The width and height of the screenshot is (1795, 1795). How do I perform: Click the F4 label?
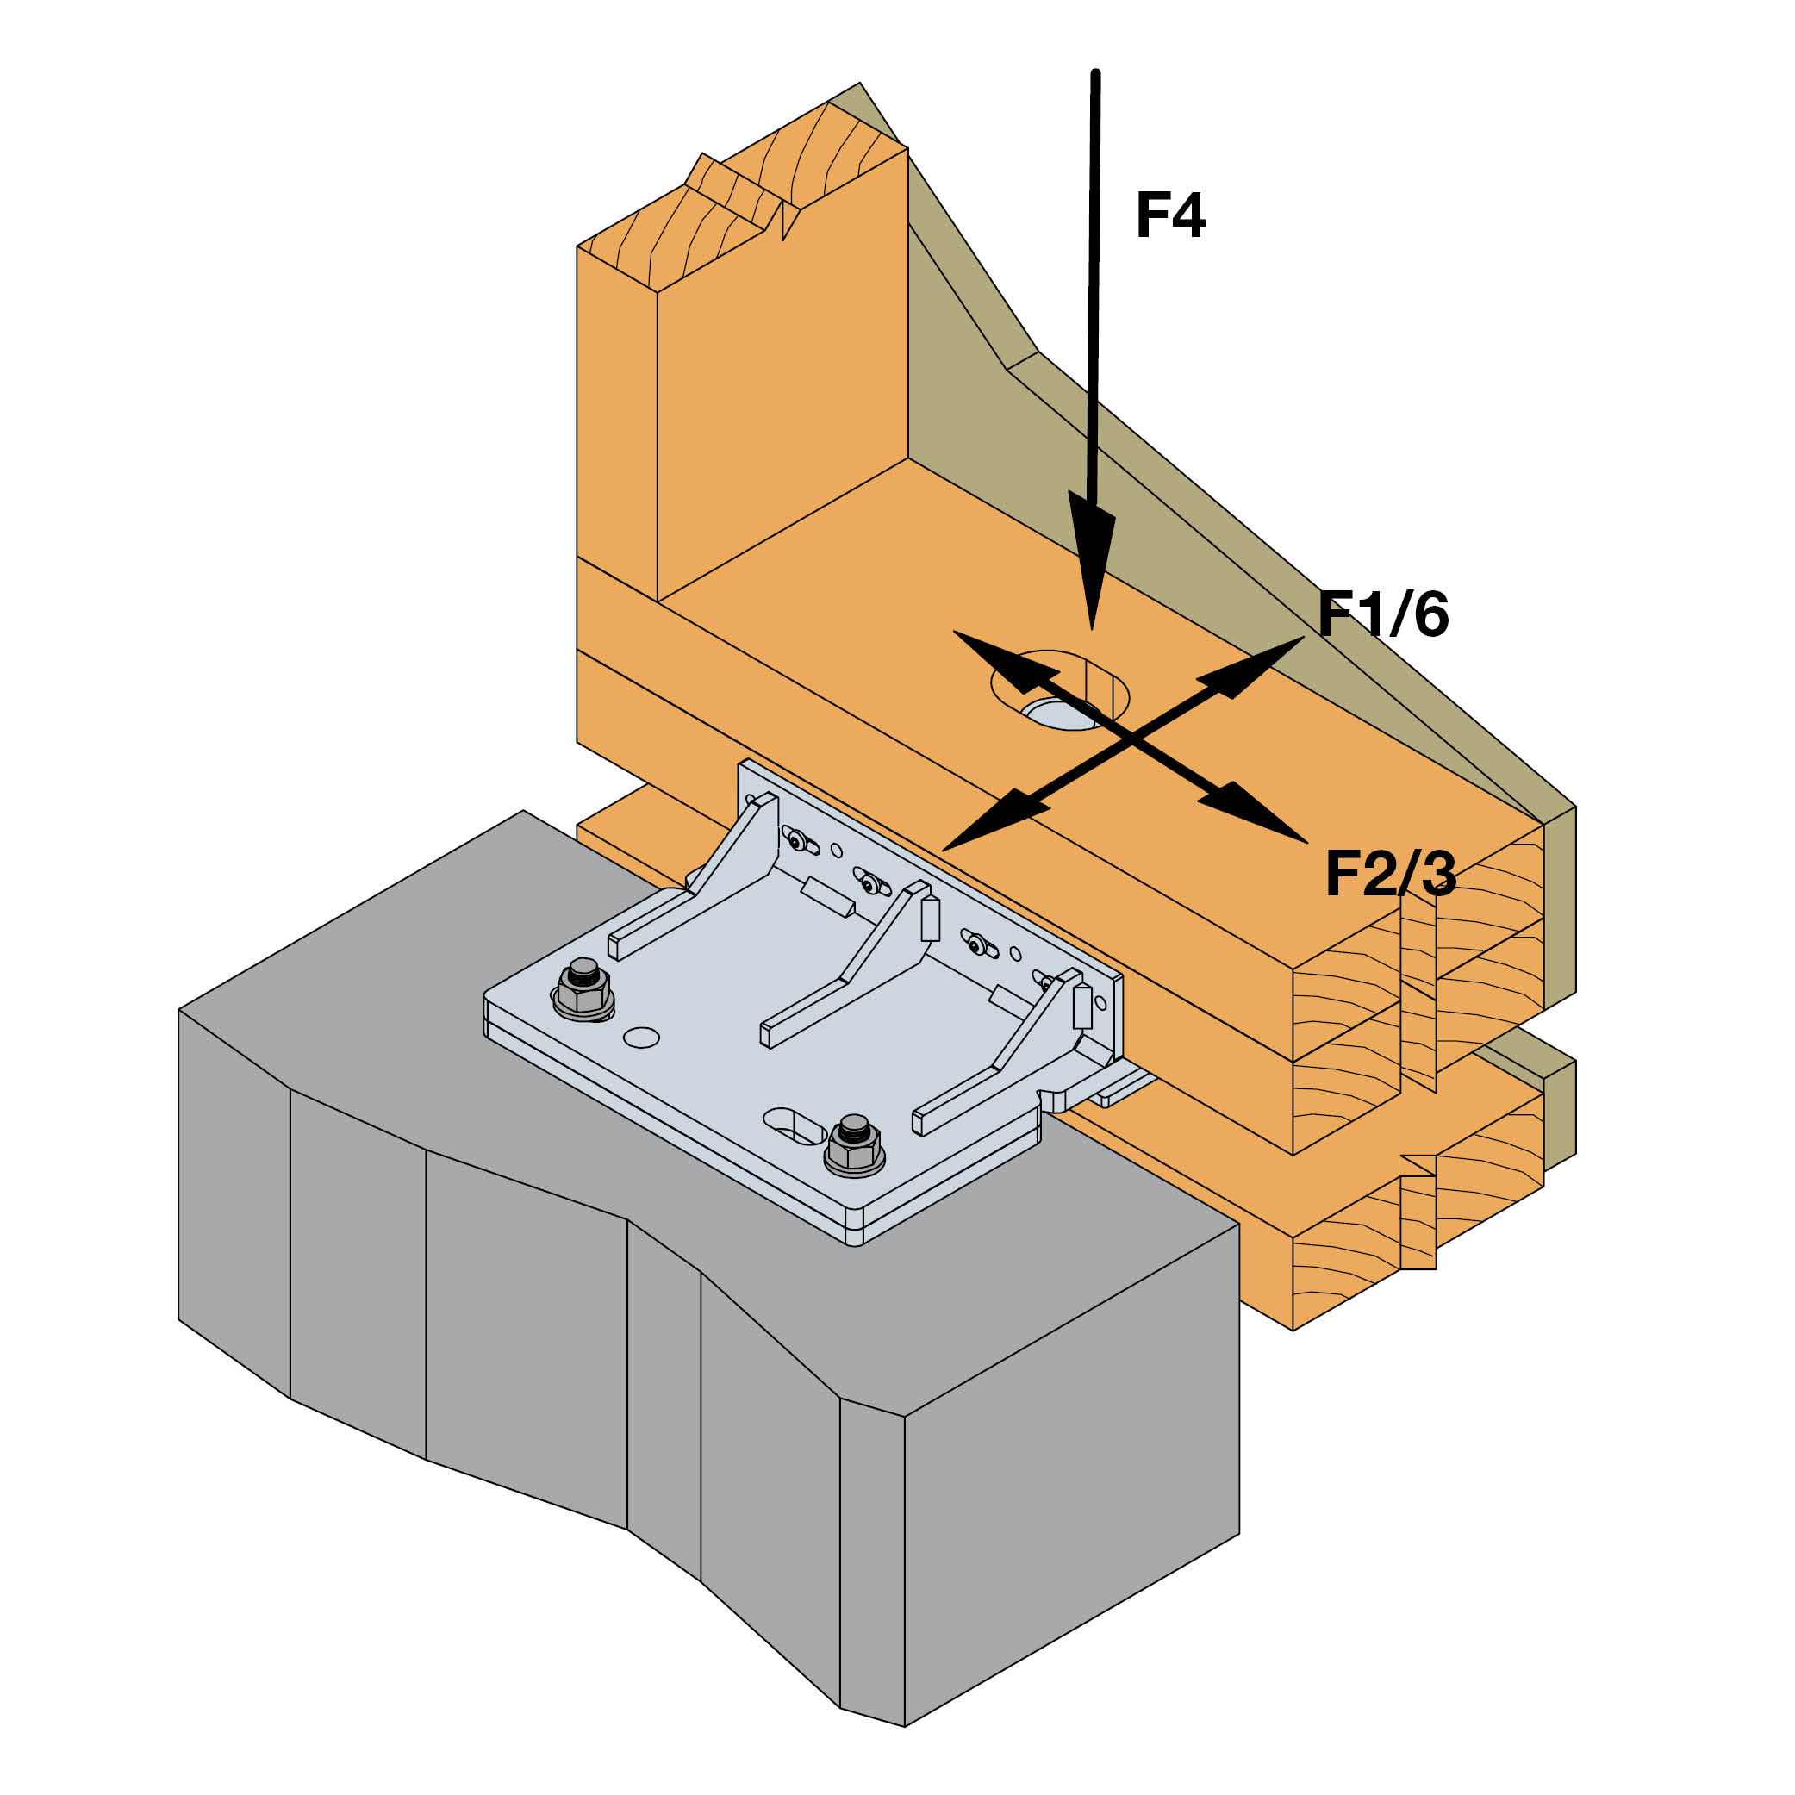pos(1169,215)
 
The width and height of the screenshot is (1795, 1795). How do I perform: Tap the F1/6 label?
pos(1382,614)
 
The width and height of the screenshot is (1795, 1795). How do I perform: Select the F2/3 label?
pos(1390,873)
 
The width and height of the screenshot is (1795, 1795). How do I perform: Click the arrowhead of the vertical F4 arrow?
pos(1092,558)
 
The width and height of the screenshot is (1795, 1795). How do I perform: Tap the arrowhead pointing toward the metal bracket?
pos(989,823)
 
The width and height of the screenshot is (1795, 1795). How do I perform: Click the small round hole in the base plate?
pos(641,1037)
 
